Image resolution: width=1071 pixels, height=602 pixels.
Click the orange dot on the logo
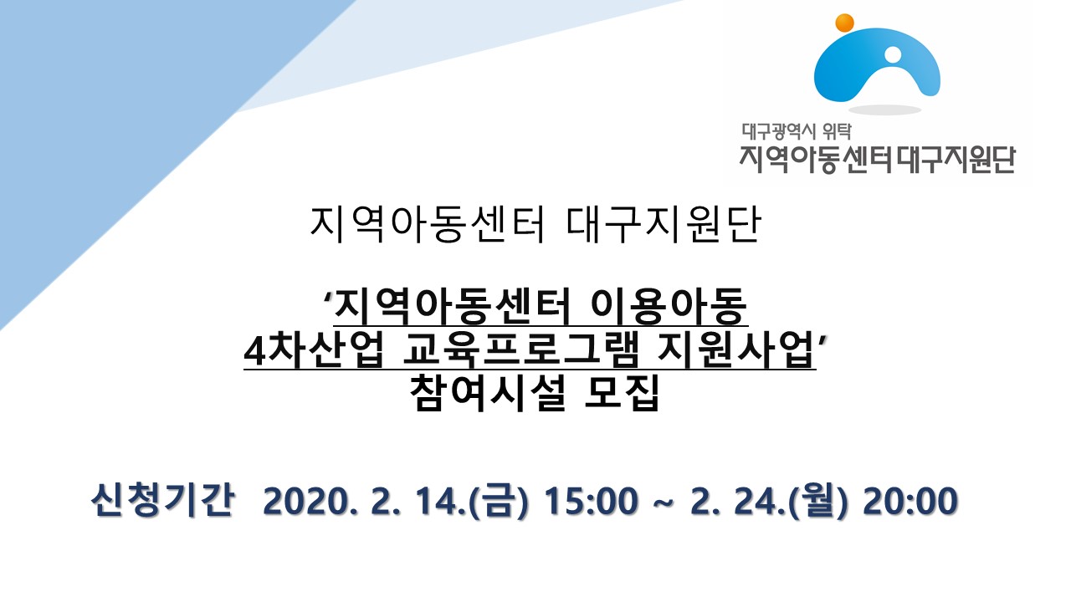(844, 23)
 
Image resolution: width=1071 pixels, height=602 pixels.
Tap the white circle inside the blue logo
(892, 54)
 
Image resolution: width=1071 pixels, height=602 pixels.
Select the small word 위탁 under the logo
(837, 131)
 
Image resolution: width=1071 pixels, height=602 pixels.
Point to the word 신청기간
(162, 500)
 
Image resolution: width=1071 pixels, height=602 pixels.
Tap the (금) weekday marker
(499, 500)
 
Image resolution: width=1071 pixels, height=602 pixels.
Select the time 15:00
(592, 501)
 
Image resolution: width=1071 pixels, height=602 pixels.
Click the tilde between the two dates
(664, 502)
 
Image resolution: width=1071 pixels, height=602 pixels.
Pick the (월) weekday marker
(817, 500)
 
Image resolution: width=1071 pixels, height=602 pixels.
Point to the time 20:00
(910, 501)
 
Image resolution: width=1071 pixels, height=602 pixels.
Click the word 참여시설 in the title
(488, 393)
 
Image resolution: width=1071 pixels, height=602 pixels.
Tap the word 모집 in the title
(622, 393)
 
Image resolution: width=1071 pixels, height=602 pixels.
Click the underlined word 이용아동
(669, 306)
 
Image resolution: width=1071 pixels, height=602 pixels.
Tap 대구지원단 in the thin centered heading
(664, 225)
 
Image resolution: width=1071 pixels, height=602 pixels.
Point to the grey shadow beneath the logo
(884, 110)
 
